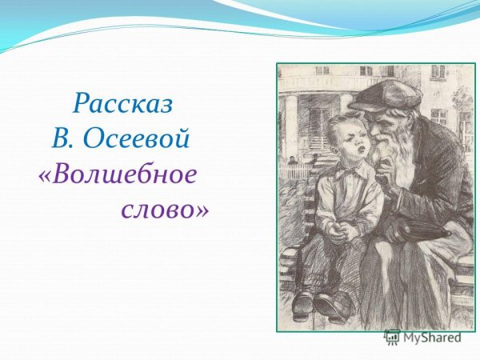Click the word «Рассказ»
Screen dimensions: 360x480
(x=123, y=104)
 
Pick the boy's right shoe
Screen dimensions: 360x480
(x=303, y=302)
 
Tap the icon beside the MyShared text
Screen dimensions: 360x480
(x=392, y=338)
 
